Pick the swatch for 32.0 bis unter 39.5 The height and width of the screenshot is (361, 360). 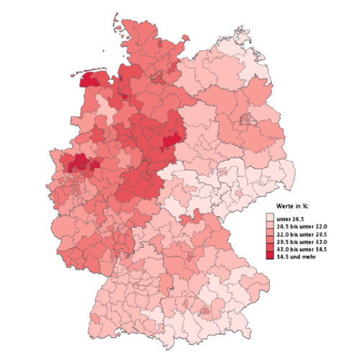click(269, 233)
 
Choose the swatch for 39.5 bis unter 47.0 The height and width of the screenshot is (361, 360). click(269, 241)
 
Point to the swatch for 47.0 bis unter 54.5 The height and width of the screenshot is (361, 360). click(269, 249)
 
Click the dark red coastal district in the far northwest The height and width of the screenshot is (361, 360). click(89, 81)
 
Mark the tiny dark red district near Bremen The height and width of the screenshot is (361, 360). click(126, 94)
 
